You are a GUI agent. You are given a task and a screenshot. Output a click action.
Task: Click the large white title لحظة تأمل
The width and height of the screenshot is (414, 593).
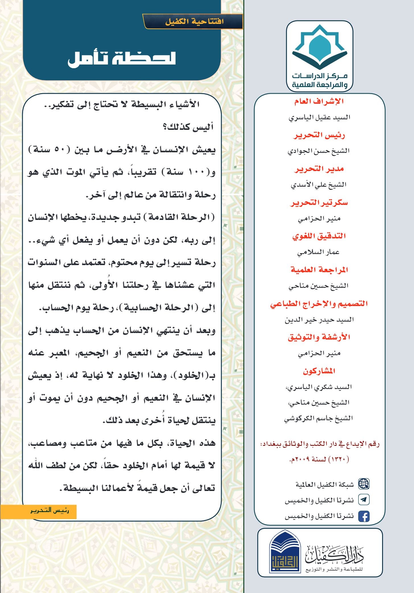[121, 59]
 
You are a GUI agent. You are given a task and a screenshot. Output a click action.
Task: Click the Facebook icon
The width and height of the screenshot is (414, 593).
[363, 516]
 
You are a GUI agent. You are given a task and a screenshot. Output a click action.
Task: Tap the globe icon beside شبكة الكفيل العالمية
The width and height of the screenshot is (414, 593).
[363, 484]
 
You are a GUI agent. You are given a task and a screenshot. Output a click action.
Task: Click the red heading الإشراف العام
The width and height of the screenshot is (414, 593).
[319, 101]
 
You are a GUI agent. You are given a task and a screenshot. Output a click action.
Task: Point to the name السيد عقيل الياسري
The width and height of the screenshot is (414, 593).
[319, 117]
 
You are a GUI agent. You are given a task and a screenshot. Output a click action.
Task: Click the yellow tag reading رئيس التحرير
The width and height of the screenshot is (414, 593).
[50, 511]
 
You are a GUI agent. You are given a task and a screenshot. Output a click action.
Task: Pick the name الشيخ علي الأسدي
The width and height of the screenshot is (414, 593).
[318, 185]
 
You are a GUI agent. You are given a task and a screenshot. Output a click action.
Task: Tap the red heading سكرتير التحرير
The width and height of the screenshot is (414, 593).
[319, 203]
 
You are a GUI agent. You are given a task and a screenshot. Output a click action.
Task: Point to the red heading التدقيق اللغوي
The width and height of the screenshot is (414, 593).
[319, 236]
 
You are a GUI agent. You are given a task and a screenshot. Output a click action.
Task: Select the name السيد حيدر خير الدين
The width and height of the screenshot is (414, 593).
[319, 320]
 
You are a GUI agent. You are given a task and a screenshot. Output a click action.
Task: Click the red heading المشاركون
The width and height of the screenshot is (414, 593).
[319, 371]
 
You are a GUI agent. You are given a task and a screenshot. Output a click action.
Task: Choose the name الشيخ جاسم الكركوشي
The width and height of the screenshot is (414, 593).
[318, 418]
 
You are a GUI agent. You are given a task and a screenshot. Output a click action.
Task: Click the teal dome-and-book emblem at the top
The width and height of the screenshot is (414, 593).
[320, 47]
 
